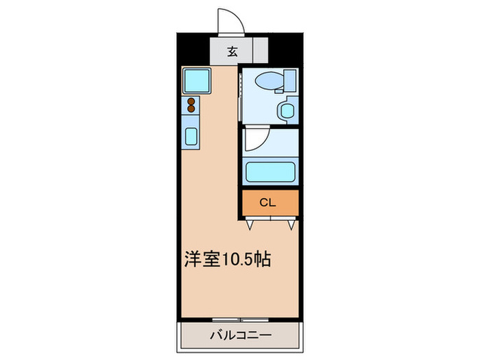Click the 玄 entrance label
pos(232,51)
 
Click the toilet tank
pos(289,80)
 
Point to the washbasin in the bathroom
pos(287,110)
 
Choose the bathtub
pos(270,171)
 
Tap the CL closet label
pos(269,202)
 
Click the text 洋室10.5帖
pos(227,259)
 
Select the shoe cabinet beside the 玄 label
pos(259,51)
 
